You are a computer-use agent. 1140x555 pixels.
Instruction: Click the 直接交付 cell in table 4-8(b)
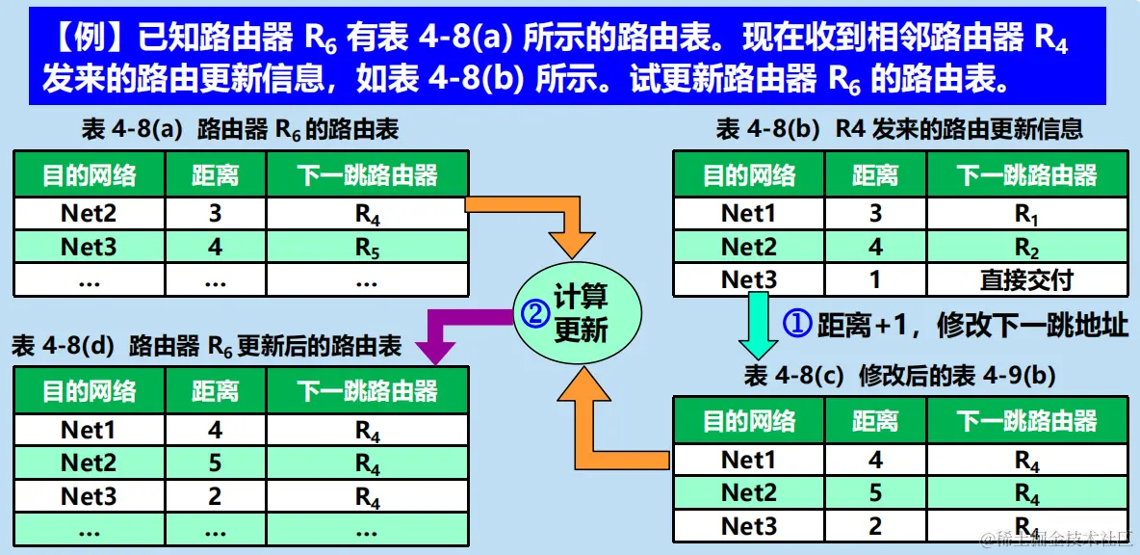click(x=1026, y=279)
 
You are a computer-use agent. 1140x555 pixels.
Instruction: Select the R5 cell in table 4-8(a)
click(x=367, y=248)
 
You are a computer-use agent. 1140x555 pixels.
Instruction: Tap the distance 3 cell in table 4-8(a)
click(x=215, y=213)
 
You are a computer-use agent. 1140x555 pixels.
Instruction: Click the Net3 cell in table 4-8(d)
click(x=89, y=496)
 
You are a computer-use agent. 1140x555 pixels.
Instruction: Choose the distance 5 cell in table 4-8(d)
click(x=215, y=463)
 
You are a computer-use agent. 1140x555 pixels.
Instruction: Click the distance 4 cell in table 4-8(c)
click(x=875, y=461)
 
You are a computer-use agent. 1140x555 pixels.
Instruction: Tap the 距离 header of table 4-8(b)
click(x=875, y=175)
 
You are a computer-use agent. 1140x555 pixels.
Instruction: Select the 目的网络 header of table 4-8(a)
click(x=89, y=175)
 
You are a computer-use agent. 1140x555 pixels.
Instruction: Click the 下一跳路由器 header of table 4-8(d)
click(x=367, y=390)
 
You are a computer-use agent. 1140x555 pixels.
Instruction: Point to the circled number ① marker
click(x=797, y=324)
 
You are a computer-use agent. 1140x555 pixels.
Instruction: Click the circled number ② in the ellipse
click(x=534, y=313)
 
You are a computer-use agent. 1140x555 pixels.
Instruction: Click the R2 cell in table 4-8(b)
click(x=1026, y=248)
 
